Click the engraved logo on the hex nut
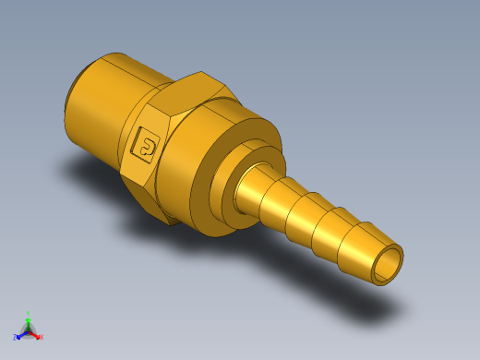pyautogui.click(x=146, y=144)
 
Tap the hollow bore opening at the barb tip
pyautogui.click(x=388, y=265)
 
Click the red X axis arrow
pyautogui.click(x=36, y=335)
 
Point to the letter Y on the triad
pyautogui.click(x=29, y=312)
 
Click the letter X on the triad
pyautogui.click(x=42, y=338)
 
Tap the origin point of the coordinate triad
pyautogui.click(x=28, y=330)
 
